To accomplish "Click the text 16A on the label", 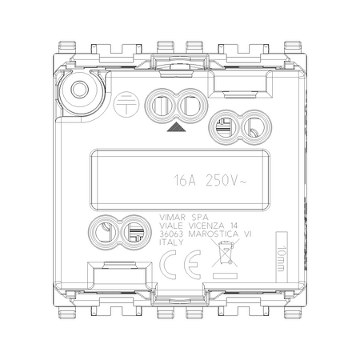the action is pyautogui.click(x=185, y=180).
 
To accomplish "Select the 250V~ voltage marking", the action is pyautogui.click(x=226, y=180).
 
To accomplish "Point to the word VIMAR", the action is pyautogui.click(x=172, y=217).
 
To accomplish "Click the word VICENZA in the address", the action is pyautogui.click(x=206, y=226).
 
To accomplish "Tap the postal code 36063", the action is pyautogui.click(x=171, y=234).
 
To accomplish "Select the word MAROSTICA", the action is pyautogui.click(x=214, y=234).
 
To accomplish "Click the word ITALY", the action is pyautogui.click(x=171, y=242).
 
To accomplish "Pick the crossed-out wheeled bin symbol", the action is pyautogui.click(x=226, y=253).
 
